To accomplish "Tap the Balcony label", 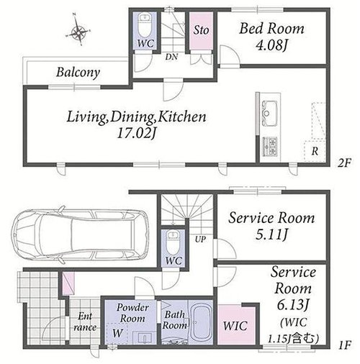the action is pos(78,72).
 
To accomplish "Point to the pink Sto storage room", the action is pos(201,31).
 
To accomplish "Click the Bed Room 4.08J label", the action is pos(271,37).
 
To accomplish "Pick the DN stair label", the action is pos(171,57).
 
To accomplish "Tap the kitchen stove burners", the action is pos(270,146).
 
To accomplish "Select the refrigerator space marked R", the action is pos(315,151).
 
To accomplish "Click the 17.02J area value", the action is pos(137,133).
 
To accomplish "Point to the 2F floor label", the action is pos(344,163).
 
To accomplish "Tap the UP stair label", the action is pos(200,239).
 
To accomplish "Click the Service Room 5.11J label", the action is pos(271,225).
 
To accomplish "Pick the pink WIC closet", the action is pos(236,325).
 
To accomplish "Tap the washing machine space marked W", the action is pos(117,334).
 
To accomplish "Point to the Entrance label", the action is pos(85,322).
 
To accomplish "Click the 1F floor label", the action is pos(345,345).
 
